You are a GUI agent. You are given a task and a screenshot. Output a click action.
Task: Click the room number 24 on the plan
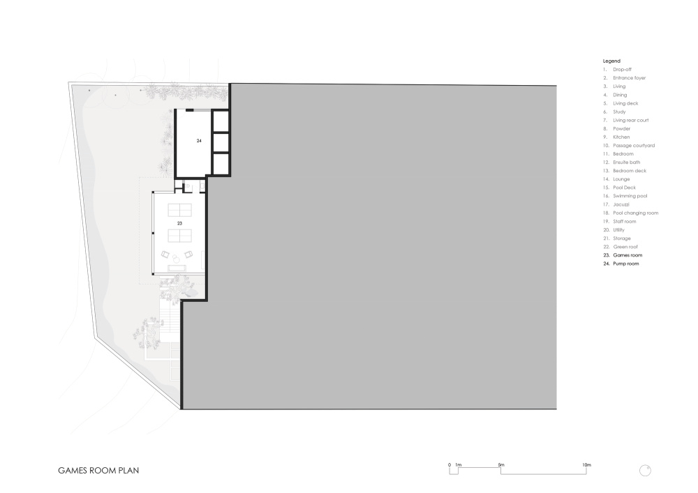(x=199, y=140)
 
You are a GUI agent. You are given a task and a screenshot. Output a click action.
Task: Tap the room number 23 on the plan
(x=179, y=223)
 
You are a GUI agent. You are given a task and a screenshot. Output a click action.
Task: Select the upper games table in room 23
(x=179, y=210)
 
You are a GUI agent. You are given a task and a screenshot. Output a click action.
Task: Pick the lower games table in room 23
(x=179, y=235)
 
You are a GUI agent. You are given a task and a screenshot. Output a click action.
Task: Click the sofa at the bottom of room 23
(x=177, y=267)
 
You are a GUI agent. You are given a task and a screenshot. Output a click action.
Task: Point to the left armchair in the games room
(x=165, y=255)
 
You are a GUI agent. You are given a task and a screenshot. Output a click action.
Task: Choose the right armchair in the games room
(x=188, y=255)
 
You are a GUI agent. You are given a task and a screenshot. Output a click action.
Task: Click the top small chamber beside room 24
(x=221, y=121)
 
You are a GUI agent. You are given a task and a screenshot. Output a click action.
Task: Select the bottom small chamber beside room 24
(x=221, y=164)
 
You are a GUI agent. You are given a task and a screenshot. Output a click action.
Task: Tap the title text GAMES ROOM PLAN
(x=98, y=470)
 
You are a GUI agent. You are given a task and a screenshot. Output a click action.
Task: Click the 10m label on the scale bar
(x=587, y=465)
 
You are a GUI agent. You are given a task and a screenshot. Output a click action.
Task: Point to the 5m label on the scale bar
(x=501, y=465)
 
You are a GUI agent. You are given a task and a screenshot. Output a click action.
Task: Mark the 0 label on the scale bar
(x=450, y=465)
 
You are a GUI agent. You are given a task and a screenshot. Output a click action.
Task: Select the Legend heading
(x=611, y=61)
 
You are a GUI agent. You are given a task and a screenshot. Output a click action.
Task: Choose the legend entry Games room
(x=628, y=255)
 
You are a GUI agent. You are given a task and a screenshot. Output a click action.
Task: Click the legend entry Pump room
(x=626, y=264)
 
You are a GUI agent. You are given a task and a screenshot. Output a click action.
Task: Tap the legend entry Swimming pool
(x=630, y=196)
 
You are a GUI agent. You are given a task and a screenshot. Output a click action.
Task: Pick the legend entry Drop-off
(x=623, y=69)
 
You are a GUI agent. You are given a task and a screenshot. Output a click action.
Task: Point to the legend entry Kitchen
(x=621, y=137)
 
